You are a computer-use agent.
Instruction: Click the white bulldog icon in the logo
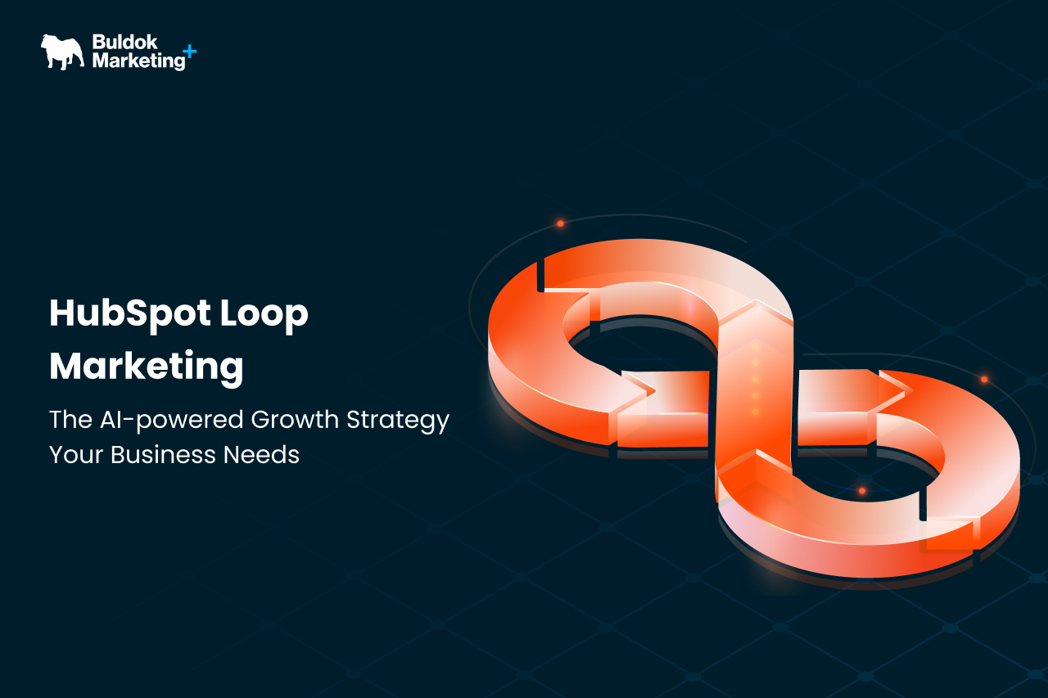coord(63,52)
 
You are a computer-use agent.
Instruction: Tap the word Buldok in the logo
coord(124,42)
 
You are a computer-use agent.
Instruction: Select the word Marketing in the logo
coord(139,61)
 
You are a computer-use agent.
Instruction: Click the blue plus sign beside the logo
coord(189,51)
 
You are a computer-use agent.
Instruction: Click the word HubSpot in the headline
coord(130,313)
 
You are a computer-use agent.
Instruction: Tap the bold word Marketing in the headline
coord(147,367)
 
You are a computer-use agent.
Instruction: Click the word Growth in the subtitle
coord(295,419)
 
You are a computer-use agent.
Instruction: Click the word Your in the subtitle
coord(76,454)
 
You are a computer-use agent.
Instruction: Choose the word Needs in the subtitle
coord(261,454)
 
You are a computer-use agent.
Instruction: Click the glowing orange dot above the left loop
coord(561,223)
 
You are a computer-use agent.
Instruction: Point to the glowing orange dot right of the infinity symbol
coord(984,380)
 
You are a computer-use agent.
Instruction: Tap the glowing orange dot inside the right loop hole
coord(862,491)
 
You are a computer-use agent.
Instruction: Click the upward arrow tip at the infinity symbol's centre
coord(755,303)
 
